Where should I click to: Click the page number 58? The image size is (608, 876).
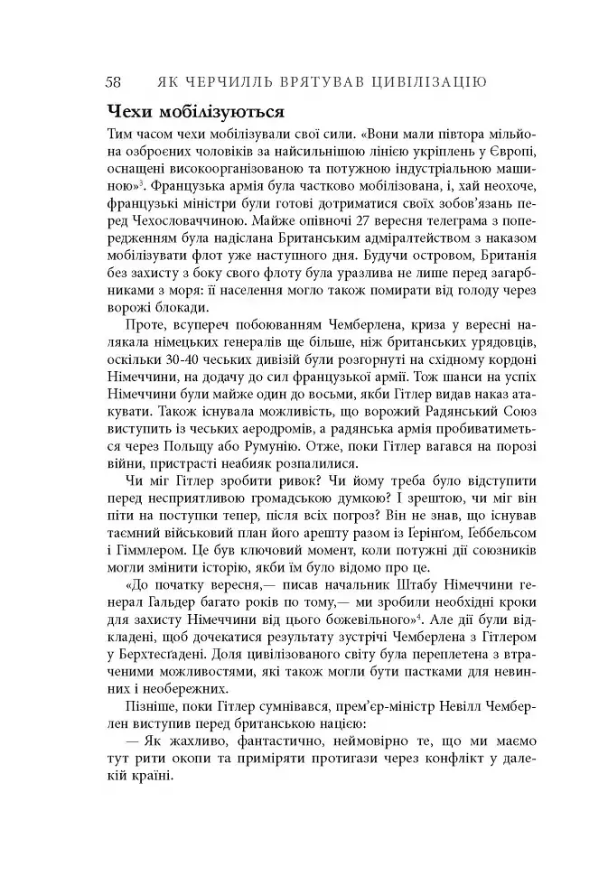tap(114, 82)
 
